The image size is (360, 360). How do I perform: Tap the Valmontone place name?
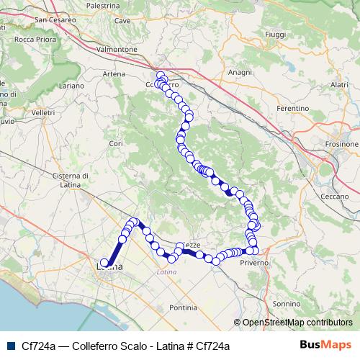(116, 49)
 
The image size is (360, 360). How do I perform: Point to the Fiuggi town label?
(275, 34)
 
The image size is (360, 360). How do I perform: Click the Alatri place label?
(339, 84)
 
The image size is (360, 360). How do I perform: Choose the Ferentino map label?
(292, 108)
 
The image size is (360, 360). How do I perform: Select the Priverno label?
(255, 263)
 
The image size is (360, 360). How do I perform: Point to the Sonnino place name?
(287, 304)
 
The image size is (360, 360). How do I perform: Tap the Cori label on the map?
(116, 143)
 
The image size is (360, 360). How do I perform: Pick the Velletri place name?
(43, 113)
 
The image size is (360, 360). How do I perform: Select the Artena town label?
(114, 74)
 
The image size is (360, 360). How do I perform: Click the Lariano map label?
(71, 85)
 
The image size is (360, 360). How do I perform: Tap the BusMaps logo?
(325, 345)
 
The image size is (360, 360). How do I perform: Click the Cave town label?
(122, 21)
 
